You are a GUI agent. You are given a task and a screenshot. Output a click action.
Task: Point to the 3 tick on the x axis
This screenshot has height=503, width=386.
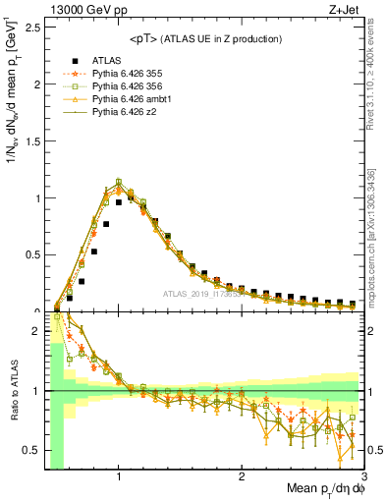[363, 477]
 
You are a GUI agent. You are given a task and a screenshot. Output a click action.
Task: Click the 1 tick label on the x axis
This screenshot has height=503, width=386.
[119, 477]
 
